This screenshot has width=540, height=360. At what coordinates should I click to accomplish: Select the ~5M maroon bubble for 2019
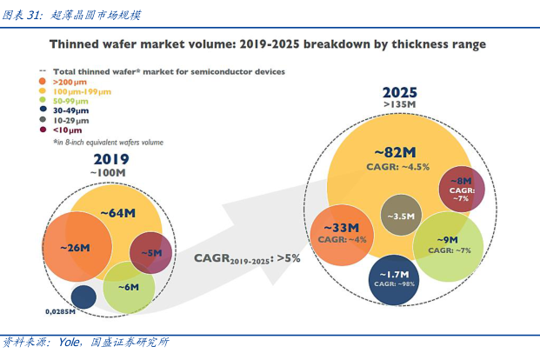click(150, 253)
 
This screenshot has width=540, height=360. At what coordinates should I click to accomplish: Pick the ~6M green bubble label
click(129, 287)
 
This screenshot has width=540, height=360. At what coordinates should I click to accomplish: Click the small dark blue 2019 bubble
click(83, 297)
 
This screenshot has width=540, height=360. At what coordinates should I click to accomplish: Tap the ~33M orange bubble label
click(336, 229)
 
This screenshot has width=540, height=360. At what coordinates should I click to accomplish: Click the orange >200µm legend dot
click(44, 80)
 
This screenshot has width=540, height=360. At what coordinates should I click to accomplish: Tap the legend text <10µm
click(66, 130)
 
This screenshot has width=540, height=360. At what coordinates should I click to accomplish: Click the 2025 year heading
click(400, 92)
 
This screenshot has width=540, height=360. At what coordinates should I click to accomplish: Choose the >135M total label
click(400, 105)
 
